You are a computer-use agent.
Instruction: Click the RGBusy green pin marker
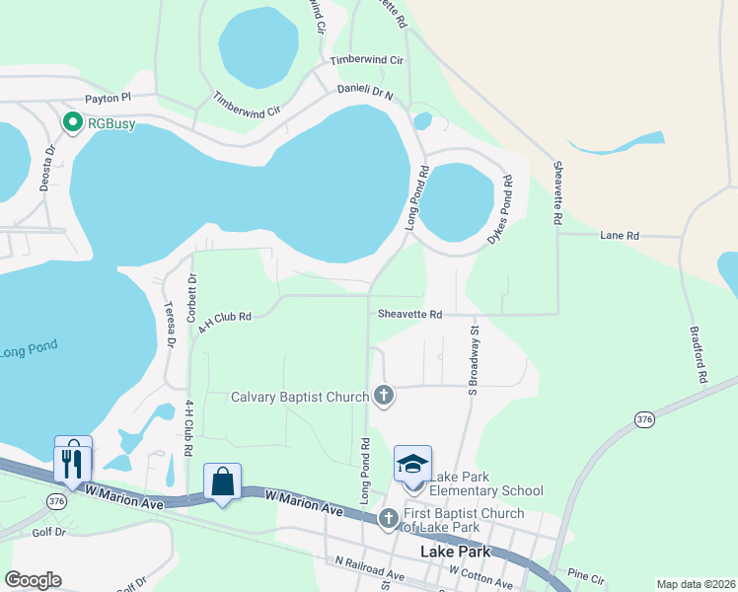[x=72, y=123]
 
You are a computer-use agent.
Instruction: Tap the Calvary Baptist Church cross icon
[x=384, y=397]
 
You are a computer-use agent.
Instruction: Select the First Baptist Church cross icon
[x=388, y=518]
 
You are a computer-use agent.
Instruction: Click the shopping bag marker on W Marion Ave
[x=223, y=483]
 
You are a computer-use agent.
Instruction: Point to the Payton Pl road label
[x=108, y=99]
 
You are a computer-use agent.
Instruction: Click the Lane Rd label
[x=620, y=236]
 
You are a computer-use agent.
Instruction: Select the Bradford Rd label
[x=699, y=355]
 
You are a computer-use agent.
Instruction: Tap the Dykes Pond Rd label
[x=498, y=211]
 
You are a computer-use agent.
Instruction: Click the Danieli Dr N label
[x=364, y=92]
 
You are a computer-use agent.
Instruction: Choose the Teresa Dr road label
[x=170, y=325]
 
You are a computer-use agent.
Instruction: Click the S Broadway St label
[x=474, y=361]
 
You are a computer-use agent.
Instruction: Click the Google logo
[x=33, y=580]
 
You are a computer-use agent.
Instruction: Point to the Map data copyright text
[x=695, y=584]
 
